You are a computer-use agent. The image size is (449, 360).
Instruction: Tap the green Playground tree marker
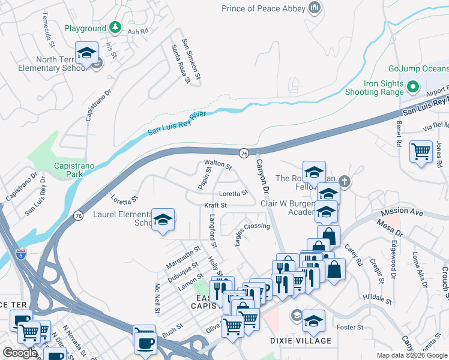point(114,28)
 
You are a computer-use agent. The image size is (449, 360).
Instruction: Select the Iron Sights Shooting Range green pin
point(412,88)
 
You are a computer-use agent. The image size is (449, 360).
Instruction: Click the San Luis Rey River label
point(178,122)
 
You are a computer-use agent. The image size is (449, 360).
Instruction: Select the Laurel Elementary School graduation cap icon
point(162,220)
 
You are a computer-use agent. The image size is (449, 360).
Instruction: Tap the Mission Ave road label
point(402,212)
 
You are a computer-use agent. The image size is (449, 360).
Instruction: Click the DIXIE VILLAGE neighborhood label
point(301,341)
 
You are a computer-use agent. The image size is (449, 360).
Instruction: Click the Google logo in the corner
point(20,353)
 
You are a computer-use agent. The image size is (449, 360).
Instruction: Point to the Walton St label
point(217,163)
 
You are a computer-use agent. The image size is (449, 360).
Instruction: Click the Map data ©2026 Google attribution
point(412,355)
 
